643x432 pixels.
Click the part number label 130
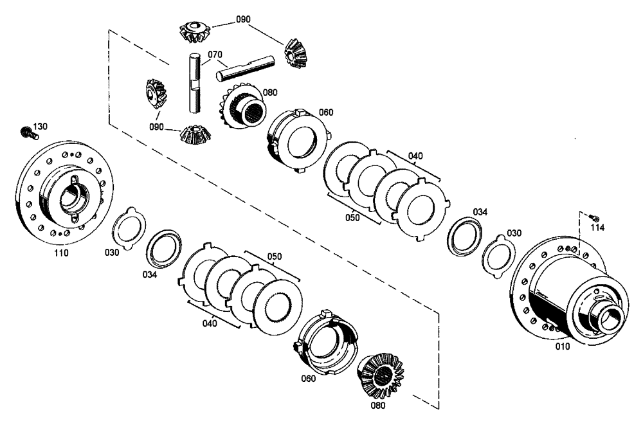tap(40, 126)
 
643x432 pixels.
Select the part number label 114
tap(598, 227)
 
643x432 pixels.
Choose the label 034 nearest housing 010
tap(480, 212)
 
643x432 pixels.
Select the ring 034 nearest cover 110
tap(162, 247)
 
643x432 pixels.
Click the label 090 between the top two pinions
tap(243, 20)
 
